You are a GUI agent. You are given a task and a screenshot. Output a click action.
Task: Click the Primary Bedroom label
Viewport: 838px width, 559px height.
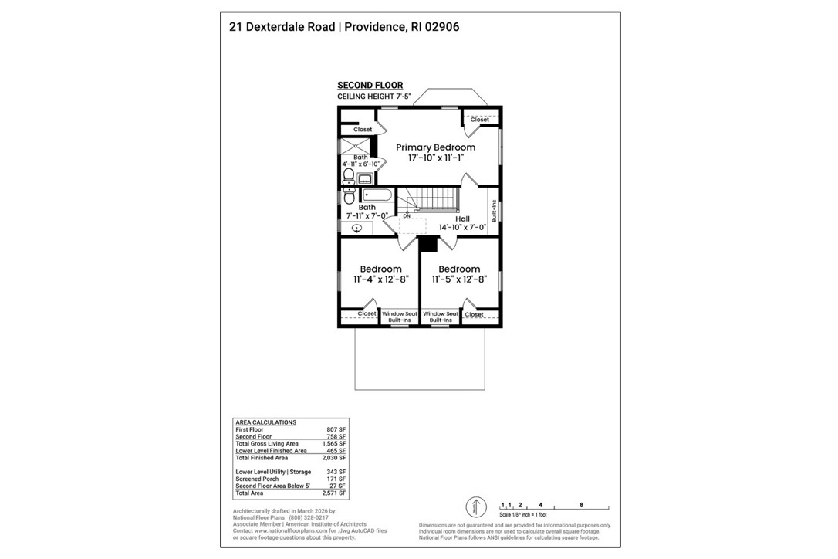pyautogui.click(x=435, y=147)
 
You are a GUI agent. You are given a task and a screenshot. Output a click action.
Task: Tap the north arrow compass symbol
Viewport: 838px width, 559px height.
pyautogui.click(x=476, y=507)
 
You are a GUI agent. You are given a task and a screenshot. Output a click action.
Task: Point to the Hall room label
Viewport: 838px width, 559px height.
pyautogui.click(x=462, y=219)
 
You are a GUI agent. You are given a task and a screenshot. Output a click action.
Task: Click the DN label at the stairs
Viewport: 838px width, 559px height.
pyautogui.click(x=406, y=215)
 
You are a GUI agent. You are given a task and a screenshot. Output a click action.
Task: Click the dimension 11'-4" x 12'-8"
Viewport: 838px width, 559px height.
pyautogui.click(x=380, y=279)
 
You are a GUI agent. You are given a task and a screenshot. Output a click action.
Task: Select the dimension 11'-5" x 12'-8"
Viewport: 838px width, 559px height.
pyautogui.click(x=458, y=279)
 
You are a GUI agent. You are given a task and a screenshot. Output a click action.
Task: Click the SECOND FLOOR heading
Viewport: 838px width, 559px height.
pyautogui.click(x=370, y=86)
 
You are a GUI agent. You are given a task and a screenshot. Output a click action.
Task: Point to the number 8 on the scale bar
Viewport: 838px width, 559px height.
pyautogui.click(x=581, y=503)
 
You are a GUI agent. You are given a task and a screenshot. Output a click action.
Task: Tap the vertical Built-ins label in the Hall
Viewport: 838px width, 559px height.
pyautogui.click(x=494, y=211)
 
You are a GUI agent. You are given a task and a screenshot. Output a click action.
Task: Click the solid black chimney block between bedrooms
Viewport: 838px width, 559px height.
pyautogui.click(x=428, y=245)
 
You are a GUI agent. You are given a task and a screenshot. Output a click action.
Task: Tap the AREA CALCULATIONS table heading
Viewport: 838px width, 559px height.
pyautogui.click(x=265, y=422)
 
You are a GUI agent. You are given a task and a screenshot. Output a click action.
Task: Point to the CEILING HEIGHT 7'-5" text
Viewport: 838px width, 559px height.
pyautogui.click(x=374, y=97)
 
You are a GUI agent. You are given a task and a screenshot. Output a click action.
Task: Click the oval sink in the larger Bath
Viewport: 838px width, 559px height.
pyautogui.click(x=357, y=228)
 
